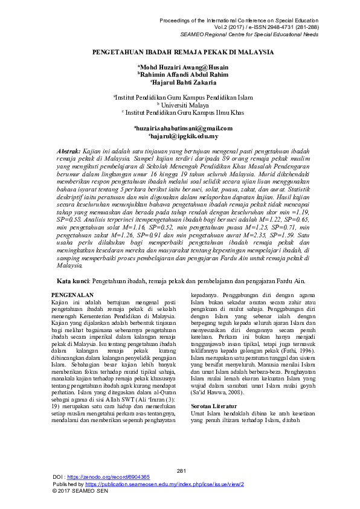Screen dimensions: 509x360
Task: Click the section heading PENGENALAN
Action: (68, 294)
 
